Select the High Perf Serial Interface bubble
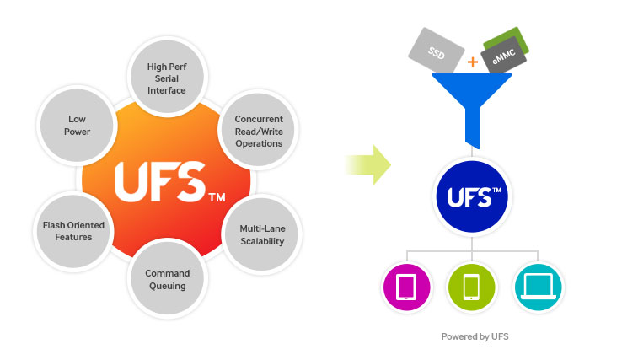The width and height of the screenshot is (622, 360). pyautogui.click(x=166, y=78)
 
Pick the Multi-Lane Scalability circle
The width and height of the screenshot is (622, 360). pyautogui.click(x=261, y=234)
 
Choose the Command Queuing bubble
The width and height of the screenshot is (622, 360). pyautogui.click(x=168, y=279)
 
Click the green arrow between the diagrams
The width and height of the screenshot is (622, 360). pyautogui.click(x=368, y=164)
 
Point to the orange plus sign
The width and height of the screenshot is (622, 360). pyautogui.click(x=473, y=62)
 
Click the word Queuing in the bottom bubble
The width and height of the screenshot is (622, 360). pyautogui.click(x=168, y=286)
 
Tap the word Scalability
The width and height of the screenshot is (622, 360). pyautogui.click(x=261, y=241)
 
